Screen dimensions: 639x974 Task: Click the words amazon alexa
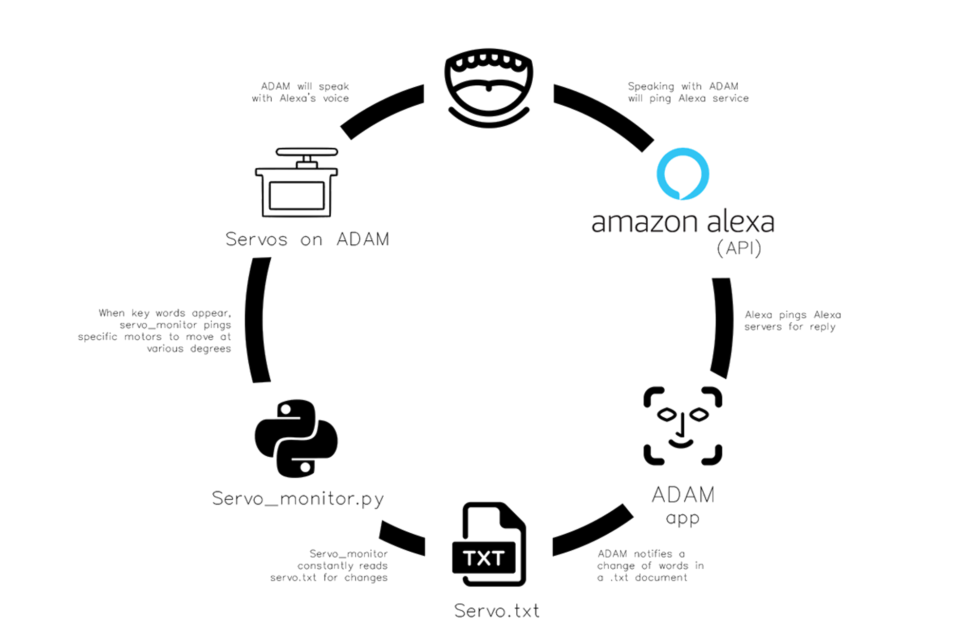[x=682, y=222]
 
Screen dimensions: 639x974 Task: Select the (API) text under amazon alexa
[x=738, y=249]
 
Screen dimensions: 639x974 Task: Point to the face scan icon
[x=683, y=426]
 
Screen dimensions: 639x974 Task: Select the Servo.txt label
[x=497, y=610]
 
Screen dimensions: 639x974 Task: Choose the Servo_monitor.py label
[x=298, y=498]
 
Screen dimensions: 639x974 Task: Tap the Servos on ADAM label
[x=307, y=239]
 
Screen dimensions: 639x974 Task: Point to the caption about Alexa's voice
[x=300, y=92]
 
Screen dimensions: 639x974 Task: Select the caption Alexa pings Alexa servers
[x=792, y=321]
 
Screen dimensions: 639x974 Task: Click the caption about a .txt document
[x=651, y=565]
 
